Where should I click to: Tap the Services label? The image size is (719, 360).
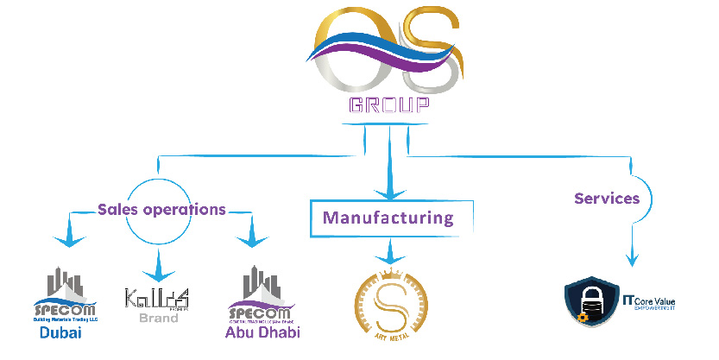pyautogui.click(x=607, y=199)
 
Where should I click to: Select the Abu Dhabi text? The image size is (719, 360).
pyautogui.click(x=262, y=332)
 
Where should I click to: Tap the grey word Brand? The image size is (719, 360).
pyautogui.click(x=159, y=318)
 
